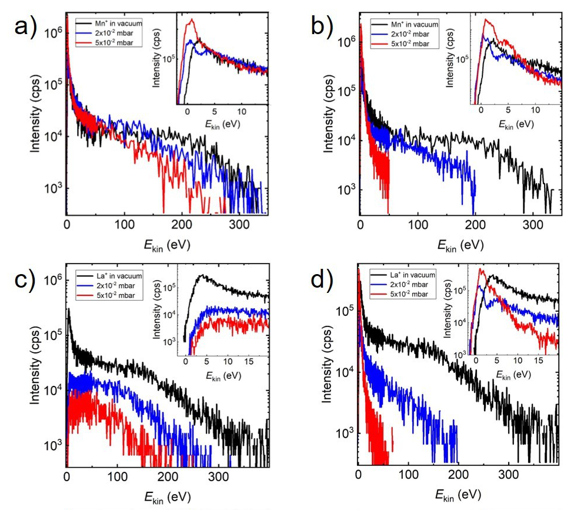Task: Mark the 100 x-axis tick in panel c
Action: click(x=118, y=475)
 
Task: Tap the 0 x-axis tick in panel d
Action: click(x=359, y=475)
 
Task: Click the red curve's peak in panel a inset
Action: click(x=190, y=20)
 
